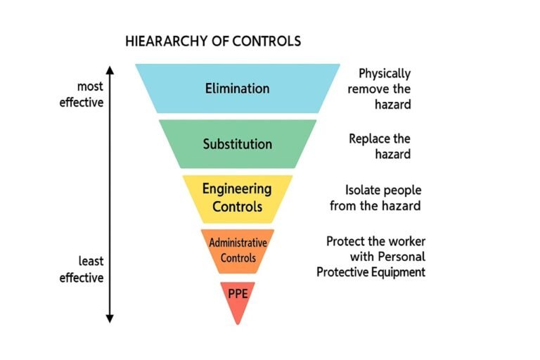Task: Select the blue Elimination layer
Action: pyautogui.click(x=237, y=89)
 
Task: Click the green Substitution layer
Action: pyautogui.click(x=238, y=144)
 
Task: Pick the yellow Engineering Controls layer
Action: pyautogui.click(x=238, y=198)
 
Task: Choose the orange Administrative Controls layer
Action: pyautogui.click(x=238, y=250)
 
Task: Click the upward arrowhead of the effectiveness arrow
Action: pyautogui.click(x=110, y=70)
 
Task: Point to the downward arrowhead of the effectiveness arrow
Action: pyautogui.click(x=110, y=318)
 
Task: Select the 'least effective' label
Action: pyautogui.click(x=82, y=269)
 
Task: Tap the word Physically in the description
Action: pyautogui.click(x=385, y=73)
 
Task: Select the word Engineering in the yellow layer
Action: pyautogui.click(x=237, y=189)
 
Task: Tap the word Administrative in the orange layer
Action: pyautogui.click(x=238, y=243)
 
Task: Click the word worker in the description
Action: pyautogui.click(x=408, y=241)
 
